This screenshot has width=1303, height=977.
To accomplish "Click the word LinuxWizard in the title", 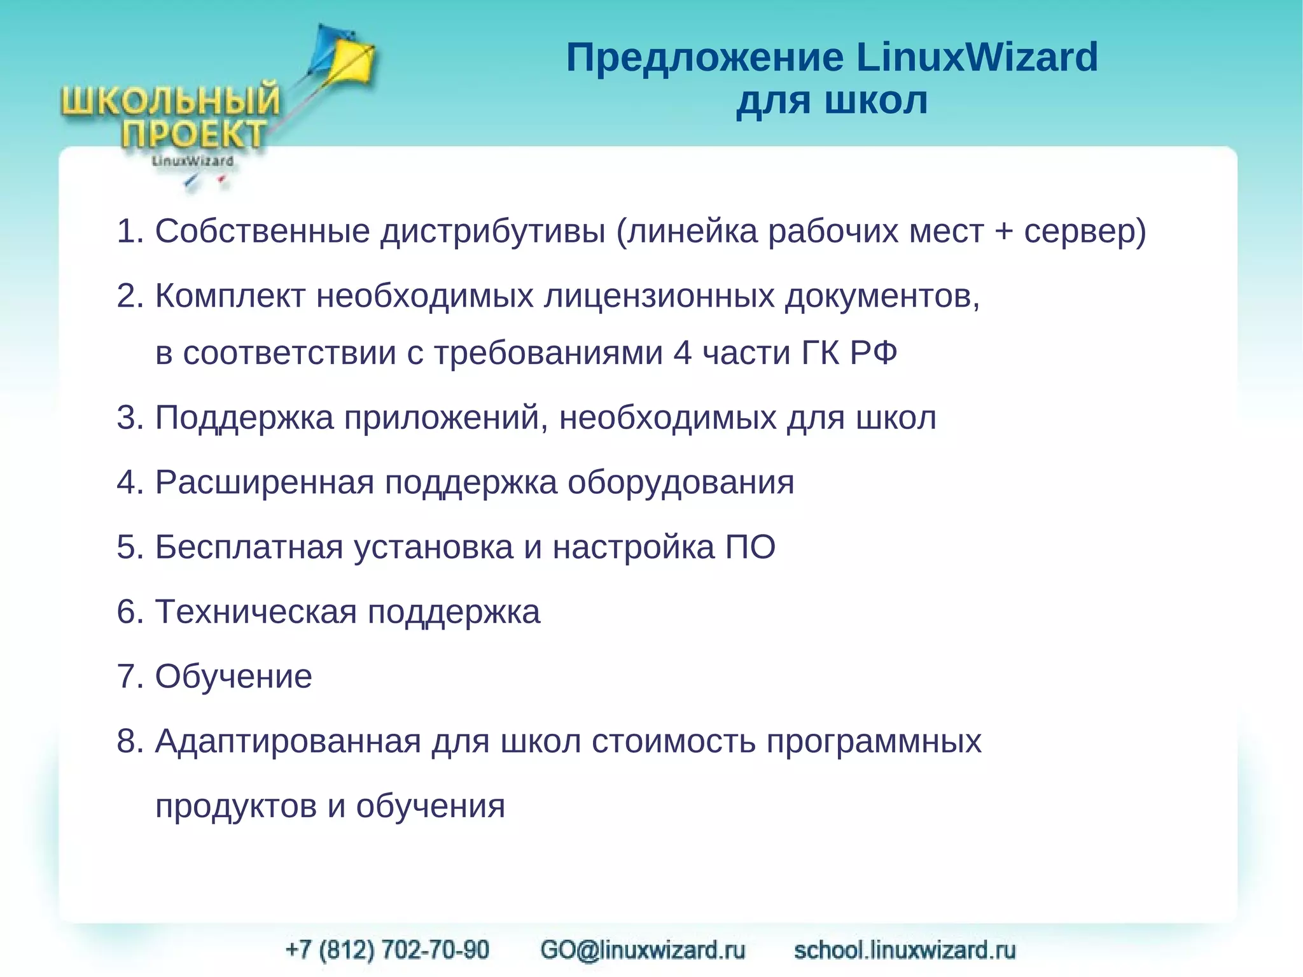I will coord(977,57).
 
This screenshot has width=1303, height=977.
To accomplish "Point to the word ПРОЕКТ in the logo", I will coord(193,134).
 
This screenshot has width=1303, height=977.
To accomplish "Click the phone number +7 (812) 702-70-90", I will coord(387,950).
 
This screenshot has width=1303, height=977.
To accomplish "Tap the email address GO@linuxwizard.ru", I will coord(643,950).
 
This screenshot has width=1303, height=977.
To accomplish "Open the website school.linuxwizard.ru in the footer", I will coord(905,950).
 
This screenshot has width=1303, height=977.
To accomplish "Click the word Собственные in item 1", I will coord(262,231).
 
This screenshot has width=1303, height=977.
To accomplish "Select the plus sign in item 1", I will coord(1003,231).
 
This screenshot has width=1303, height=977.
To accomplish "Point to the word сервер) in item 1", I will coord(1085,231).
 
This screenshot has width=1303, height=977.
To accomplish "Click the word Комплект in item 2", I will coord(230,296).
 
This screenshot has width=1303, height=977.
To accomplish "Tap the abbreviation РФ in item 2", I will coord(873,353).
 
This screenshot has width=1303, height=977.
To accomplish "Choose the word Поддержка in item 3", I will coord(244,418).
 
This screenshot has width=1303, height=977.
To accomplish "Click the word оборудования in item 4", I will coord(681,482).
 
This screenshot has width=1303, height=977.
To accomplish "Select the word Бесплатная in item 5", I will coord(249,547).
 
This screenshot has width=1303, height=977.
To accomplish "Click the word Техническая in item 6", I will coord(256,612).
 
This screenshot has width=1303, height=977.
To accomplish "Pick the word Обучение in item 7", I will coord(233,677).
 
